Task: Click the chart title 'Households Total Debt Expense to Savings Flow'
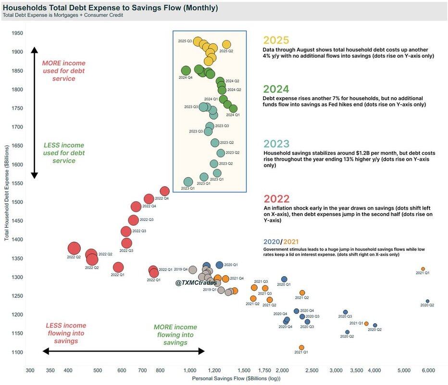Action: point(111,8)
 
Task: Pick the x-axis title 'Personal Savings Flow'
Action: point(236,379)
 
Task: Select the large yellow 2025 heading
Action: point(276,40)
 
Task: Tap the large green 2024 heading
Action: point(276,89)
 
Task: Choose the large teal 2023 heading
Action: point(276,144)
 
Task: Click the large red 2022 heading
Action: point(276,199)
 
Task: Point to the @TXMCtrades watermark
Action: point(196,282)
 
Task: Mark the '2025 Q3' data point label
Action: point(186,41)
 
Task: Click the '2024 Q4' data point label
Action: point(186,77)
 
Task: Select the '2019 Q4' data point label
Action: point(181,269)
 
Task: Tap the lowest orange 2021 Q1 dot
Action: point(301,347)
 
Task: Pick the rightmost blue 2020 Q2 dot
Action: point(427,301)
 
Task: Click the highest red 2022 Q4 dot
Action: point(164,192)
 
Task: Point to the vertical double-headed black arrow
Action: point(34,113)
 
